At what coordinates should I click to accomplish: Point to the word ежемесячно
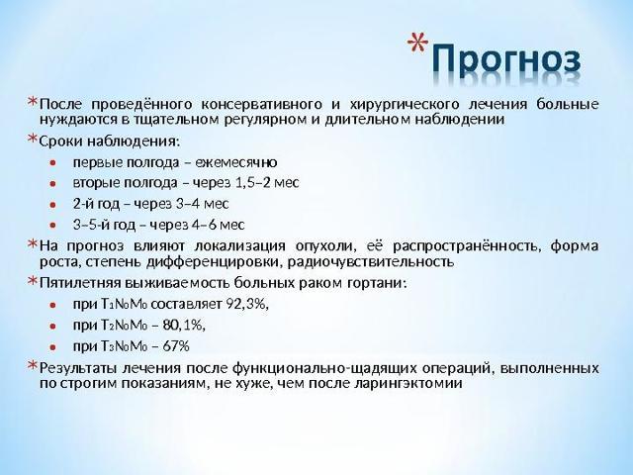click(237, 161)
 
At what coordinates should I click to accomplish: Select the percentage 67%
click(174, 346)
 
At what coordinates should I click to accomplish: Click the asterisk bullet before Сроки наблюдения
click(32, 140)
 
